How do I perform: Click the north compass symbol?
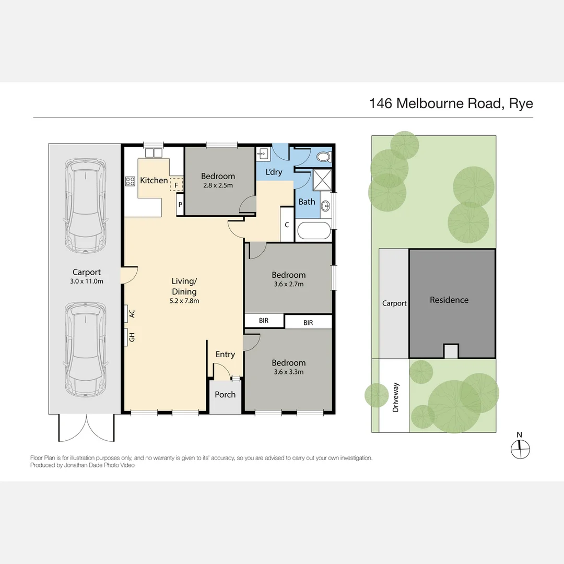(520, 447)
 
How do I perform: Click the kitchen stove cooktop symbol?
(130, 182)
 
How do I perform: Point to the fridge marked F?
(177, 184)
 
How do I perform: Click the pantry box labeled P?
(180, 205)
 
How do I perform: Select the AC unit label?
(132, 313)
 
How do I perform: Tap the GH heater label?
(132, 337)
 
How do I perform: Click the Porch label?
(225, 394)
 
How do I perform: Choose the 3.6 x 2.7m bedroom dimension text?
(288, 284)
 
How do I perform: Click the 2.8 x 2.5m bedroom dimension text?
(218, 185)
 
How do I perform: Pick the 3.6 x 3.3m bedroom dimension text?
(288, 372)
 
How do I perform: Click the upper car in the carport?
(85, 205)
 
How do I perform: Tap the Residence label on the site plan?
(449, 300)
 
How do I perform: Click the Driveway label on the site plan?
(395, 397)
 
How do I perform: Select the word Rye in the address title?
(521, 103)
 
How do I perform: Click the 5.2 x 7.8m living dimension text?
(184, 300)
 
